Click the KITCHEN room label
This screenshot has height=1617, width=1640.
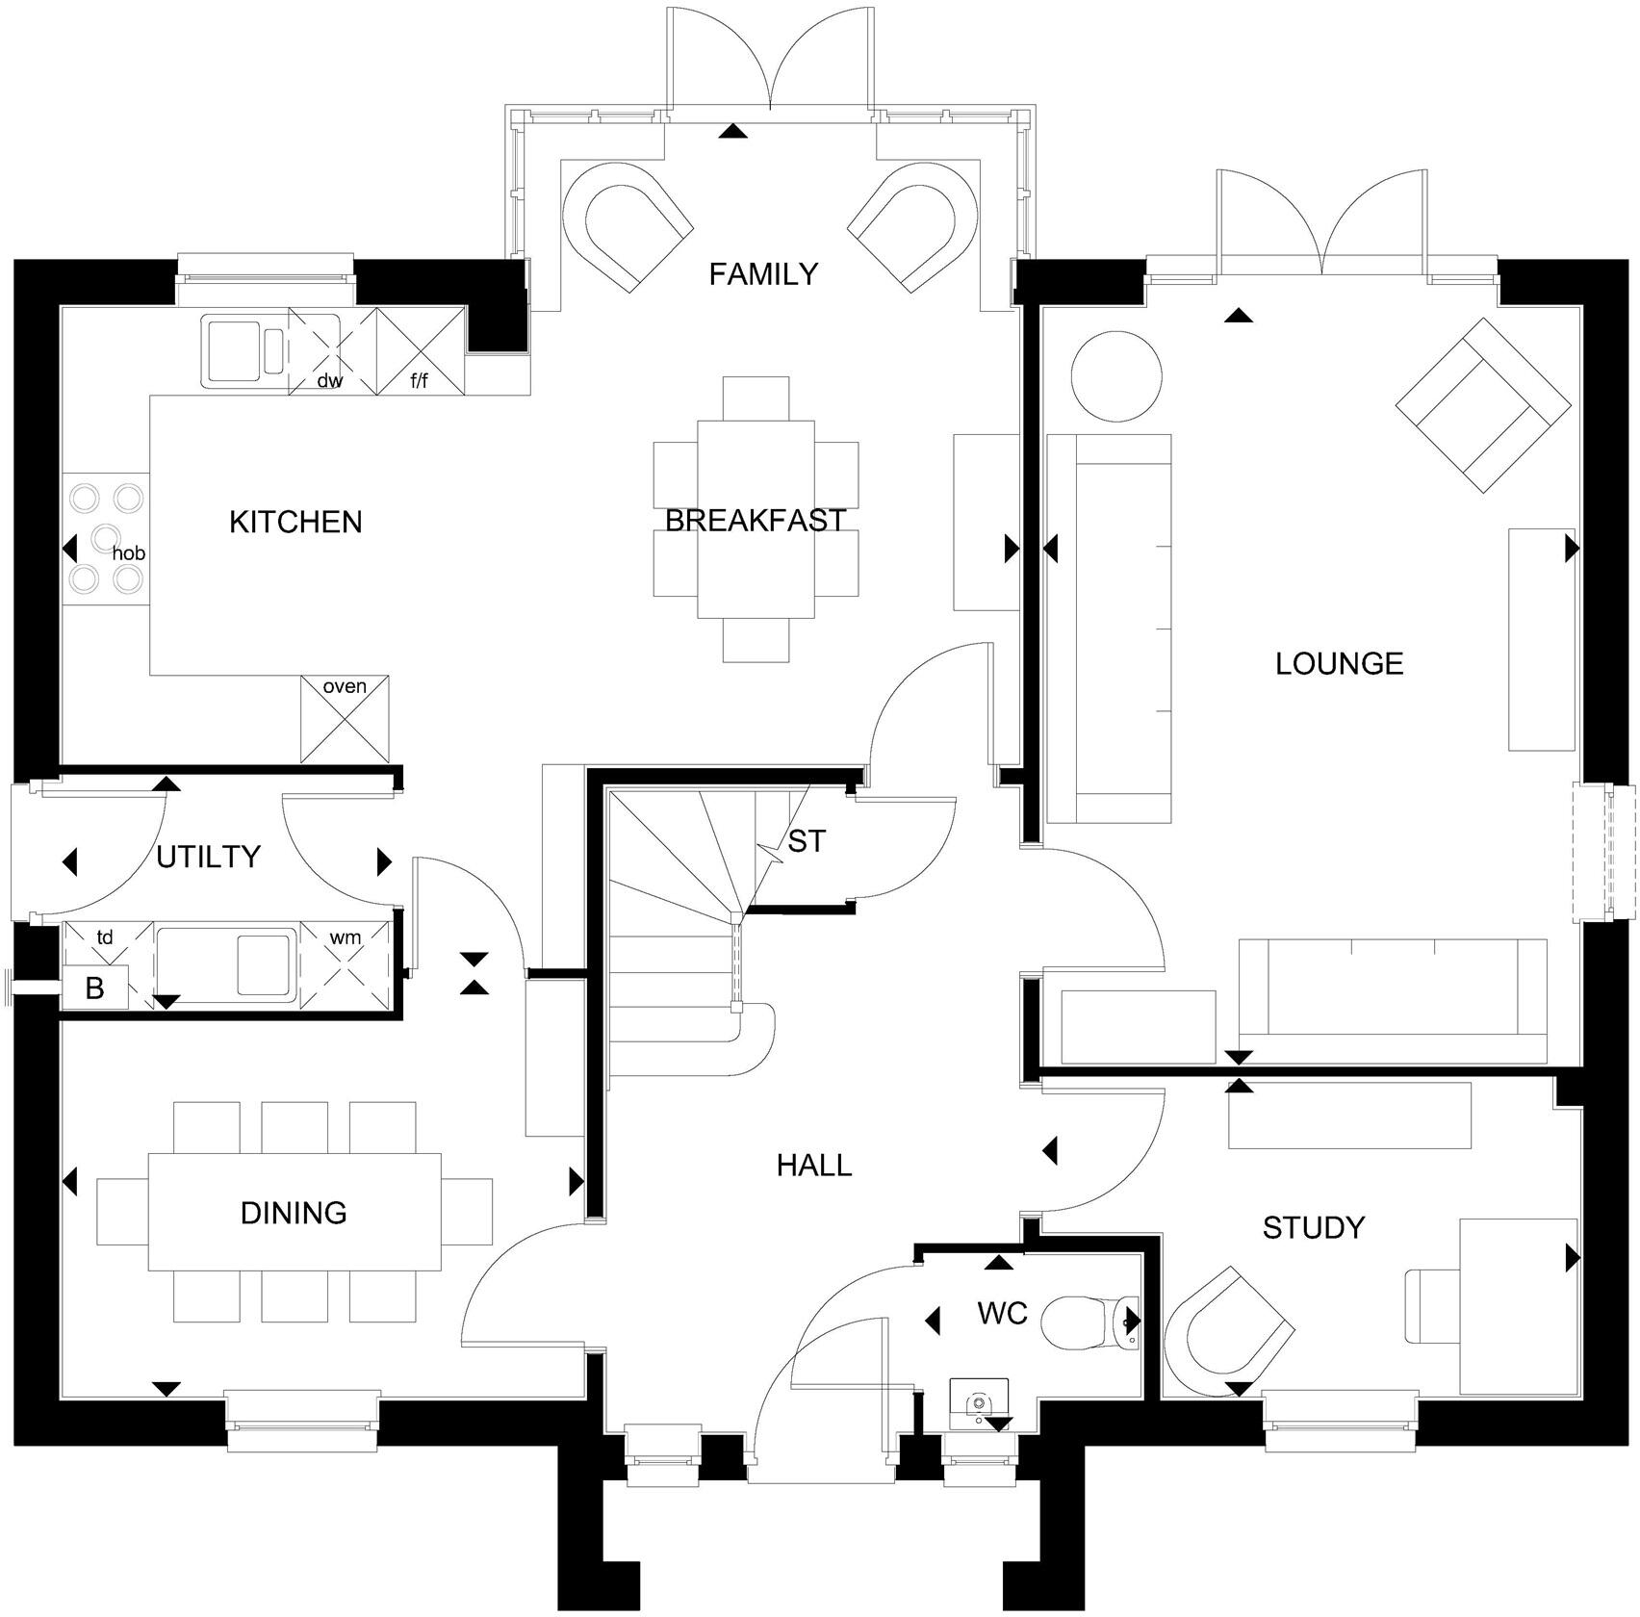(x=295, y=522)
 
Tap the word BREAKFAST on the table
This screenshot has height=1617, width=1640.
(x=755, y=521)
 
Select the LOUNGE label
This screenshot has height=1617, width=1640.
(x=1339, y=663)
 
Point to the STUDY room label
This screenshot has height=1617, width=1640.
(x=1313, y=1227)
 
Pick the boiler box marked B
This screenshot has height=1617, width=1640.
(x=94, y=989)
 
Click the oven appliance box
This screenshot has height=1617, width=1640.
(x=345, y=719)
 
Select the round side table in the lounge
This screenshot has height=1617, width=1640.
(x=1116, y=375)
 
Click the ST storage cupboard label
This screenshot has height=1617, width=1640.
(x=807, y=841)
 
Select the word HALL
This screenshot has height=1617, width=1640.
(x=814, y=1166)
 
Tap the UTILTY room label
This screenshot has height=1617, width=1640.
(x=208, y=857)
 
